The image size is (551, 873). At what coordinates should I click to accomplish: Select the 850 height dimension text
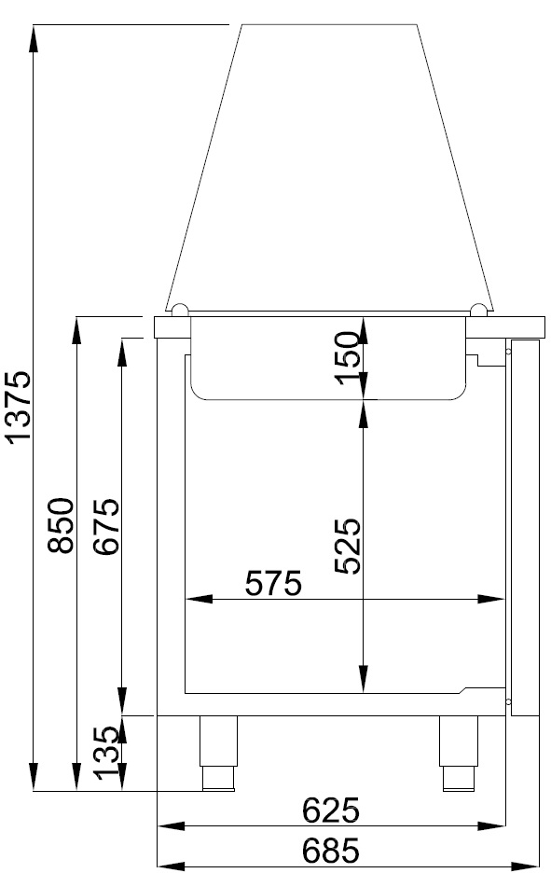coord(62,525)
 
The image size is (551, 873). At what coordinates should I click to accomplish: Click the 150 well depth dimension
coord(347,358)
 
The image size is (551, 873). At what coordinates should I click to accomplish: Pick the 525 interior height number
coord(347,546)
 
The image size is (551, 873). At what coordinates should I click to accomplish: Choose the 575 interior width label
coord(273,584)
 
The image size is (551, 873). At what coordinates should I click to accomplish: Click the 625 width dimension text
coord(331,811)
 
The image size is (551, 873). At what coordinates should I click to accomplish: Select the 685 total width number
coord(331,851)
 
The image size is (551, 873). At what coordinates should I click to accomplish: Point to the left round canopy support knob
coord(180,309)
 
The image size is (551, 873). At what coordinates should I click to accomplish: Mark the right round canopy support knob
coord(478,309)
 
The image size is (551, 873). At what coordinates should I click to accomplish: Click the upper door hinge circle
coord(508,352)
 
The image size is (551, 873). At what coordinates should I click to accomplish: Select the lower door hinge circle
coord(508,700)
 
